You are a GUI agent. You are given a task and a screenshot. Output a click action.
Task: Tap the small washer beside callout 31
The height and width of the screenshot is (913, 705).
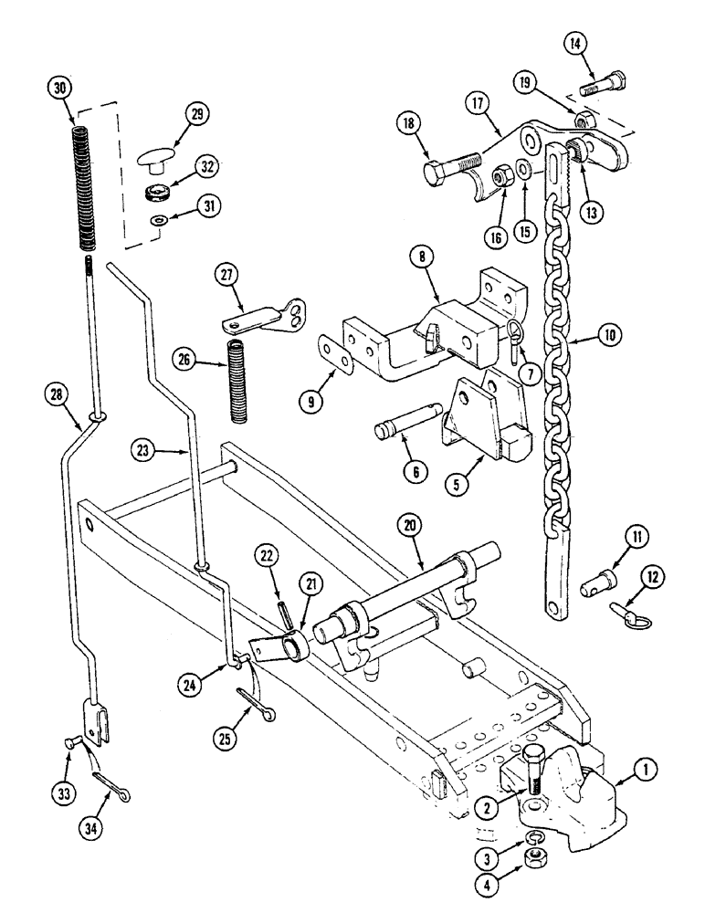[x=159, y=219]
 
